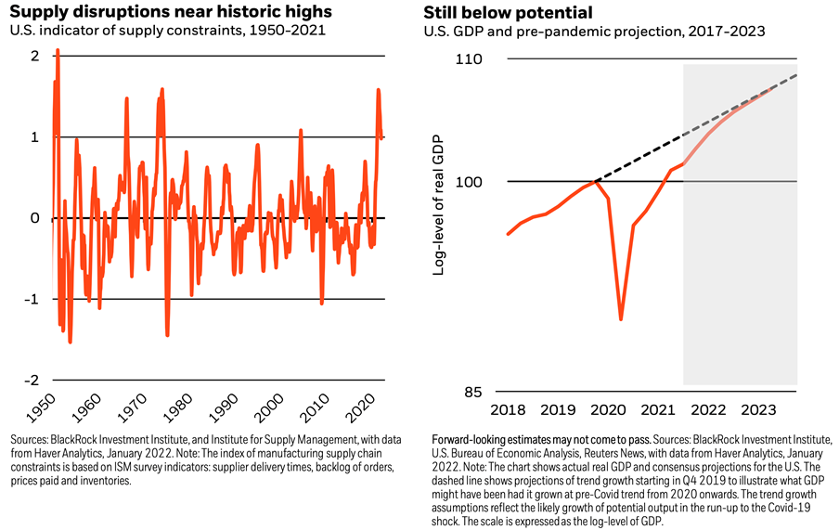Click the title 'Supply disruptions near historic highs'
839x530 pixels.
point(167,12)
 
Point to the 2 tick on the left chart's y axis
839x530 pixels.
point(34,56)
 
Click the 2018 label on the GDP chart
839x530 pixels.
point(507,410)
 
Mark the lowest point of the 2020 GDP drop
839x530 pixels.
point(621,319)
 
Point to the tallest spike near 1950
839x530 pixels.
point(58,51)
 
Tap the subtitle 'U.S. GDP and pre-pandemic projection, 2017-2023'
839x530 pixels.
point(594,31)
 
